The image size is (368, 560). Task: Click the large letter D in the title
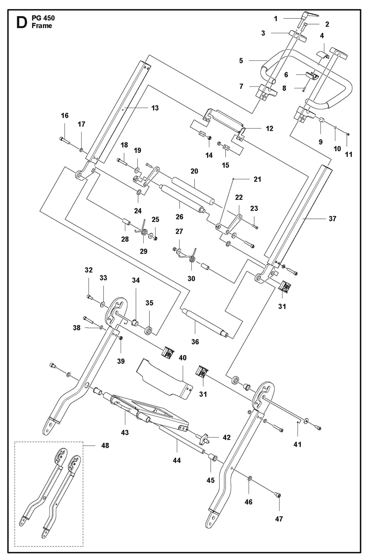[x=21, y=22]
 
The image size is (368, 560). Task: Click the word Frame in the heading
[x=42, y=26]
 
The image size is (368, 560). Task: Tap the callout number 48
[x=105, y=446]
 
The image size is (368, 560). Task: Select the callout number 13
[x=155, y=108]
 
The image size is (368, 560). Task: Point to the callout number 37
[x=332, y=219]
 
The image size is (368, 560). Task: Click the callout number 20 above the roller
[x=194, y=171]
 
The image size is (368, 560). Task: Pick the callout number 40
[x=183, y=358]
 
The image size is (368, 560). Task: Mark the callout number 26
[x=179, y=217]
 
